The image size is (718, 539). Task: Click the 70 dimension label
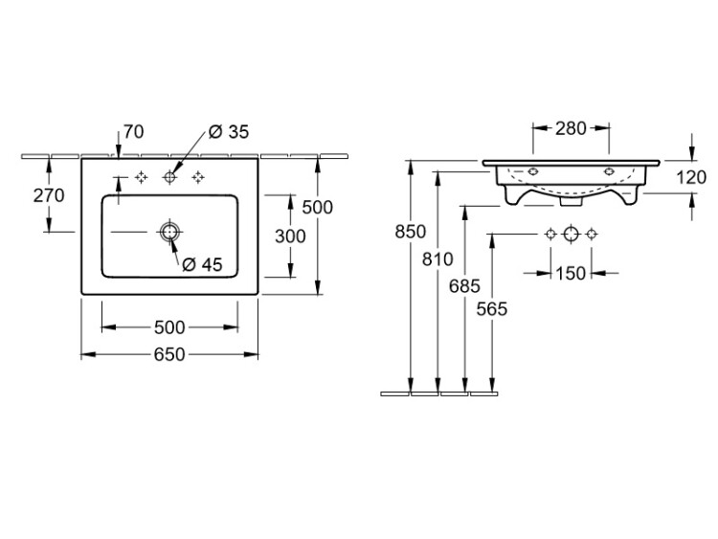click(133, 132)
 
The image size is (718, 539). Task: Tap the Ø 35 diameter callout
click(228, 132)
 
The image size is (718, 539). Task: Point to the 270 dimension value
click(48, 196)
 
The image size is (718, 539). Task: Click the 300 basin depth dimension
click(289, 236)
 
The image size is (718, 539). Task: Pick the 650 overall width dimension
click(169, 354)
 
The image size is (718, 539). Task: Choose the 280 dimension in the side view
click(572, 128)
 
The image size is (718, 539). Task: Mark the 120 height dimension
click(691, 177)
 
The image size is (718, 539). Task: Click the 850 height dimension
click(411, 231)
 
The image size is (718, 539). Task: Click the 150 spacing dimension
click(571, 273)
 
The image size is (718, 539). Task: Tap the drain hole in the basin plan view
click(169, 232)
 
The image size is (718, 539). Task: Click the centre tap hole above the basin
click(171, 177)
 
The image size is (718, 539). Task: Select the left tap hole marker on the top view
click(142, 177)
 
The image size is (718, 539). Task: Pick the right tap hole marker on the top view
click(199, 177)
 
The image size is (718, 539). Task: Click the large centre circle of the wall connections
click(571, 235)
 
